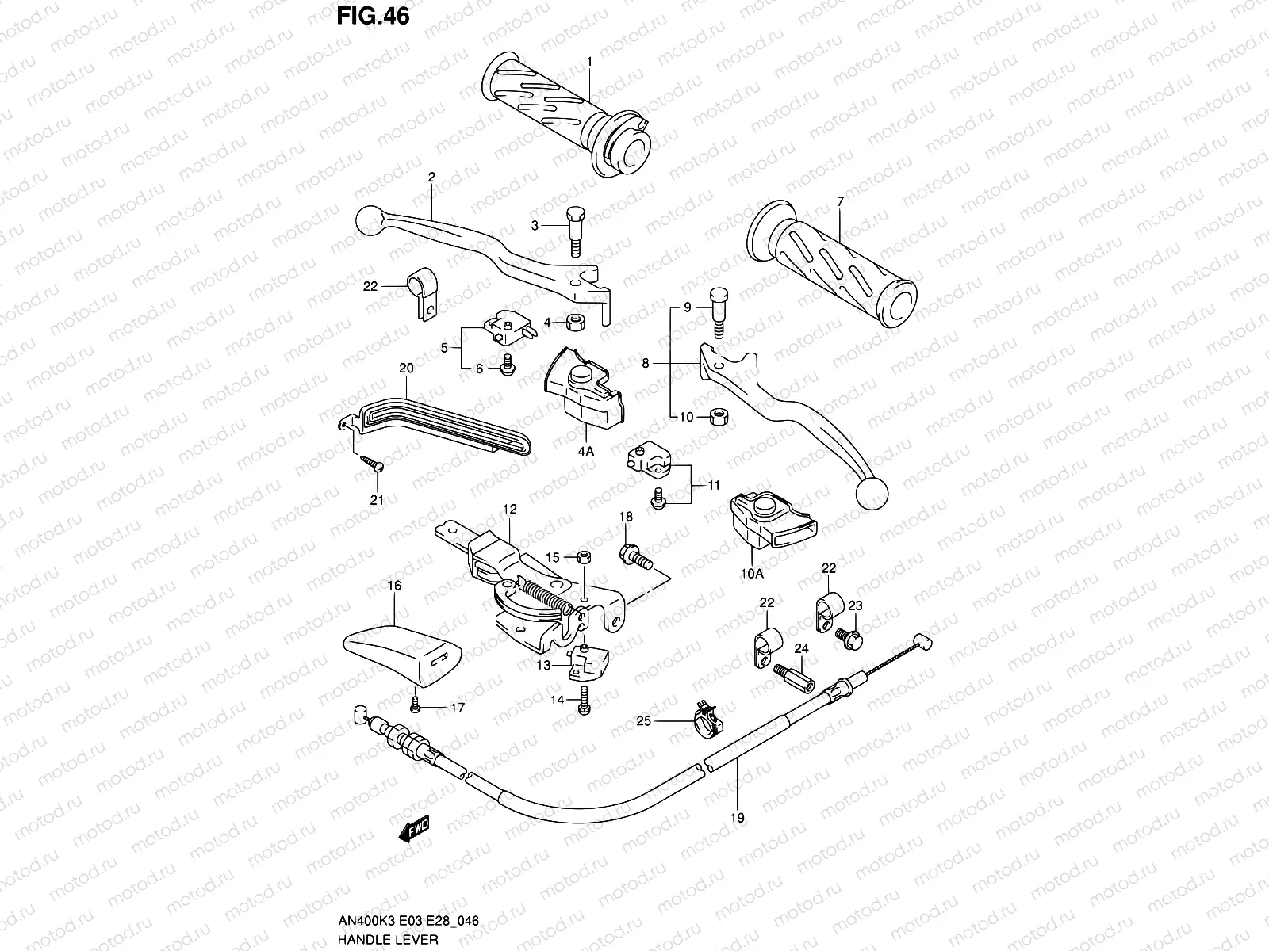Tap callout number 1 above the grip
pyautogui.click(x=589, y=62)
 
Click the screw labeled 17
pyautogui.click(x=416, y=705)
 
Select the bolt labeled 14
pyautogui.click(x=584, y=701)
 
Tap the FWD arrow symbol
pyautogui.click(x=413, y=831)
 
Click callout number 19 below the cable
pyautogui.click(x=738, y=819)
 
